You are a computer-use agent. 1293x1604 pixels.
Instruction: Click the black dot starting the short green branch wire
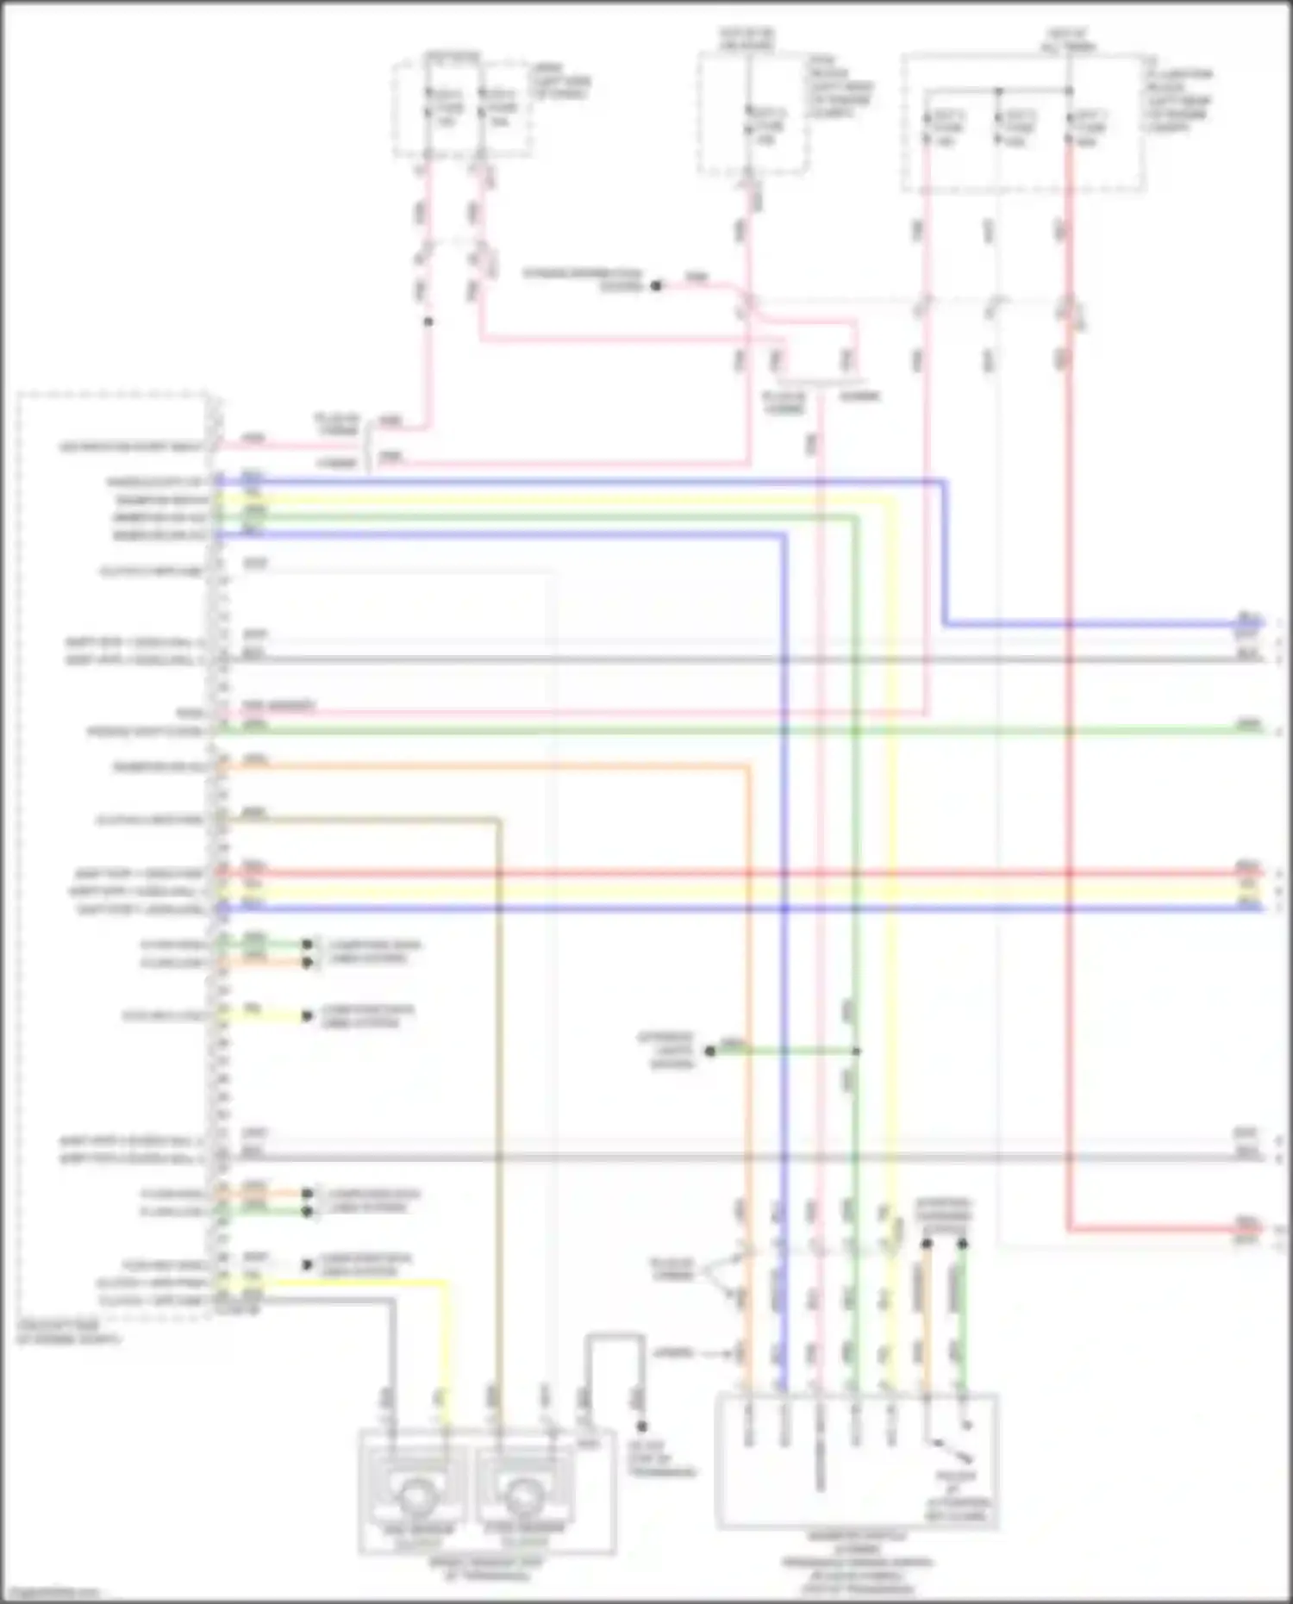tap(709, 1051)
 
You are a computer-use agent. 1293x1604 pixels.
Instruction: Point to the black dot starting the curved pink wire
tap(656, 285)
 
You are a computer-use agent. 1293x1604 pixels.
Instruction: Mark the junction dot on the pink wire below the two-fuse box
tap(428, 321)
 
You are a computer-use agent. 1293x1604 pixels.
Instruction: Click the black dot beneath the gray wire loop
tap(641, 1426)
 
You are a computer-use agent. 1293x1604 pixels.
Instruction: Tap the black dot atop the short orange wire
tap(927, 1244)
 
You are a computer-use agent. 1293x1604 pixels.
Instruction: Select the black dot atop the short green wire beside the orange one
tap(962, 1244)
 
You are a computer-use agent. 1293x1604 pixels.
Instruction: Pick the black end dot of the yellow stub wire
tap(307, 1016)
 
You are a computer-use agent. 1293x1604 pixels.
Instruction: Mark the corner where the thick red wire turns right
tap(1069, 1229)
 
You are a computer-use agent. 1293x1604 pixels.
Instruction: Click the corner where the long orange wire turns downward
tap(746, 766)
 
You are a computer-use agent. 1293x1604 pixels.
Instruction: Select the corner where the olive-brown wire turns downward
tap(498, 820)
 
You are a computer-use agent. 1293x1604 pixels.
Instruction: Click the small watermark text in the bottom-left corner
tap(53, 1592)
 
